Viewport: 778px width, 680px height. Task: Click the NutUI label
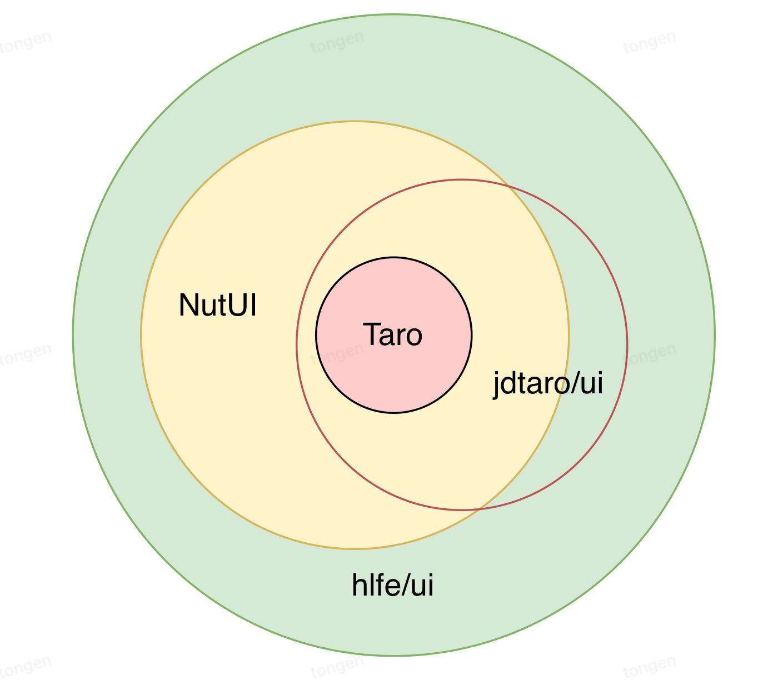(217, 305)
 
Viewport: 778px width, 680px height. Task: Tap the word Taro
(393, 334)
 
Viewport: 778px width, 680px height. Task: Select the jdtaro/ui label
(548, 384)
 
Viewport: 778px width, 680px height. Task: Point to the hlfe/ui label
(392, 585)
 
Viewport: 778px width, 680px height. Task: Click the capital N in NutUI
(188, 305)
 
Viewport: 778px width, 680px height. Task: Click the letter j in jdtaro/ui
(496, 385)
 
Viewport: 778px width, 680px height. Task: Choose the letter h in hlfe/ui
(359, 585)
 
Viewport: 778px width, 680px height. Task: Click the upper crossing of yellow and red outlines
(508, 186)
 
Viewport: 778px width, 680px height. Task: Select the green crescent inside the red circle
(593, 342)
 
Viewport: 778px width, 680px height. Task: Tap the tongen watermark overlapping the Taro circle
(337, 354)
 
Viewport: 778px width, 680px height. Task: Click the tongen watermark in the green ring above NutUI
(337, 42)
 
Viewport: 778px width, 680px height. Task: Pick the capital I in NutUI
(253, 305)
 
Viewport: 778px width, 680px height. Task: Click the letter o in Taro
(413, 337)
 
